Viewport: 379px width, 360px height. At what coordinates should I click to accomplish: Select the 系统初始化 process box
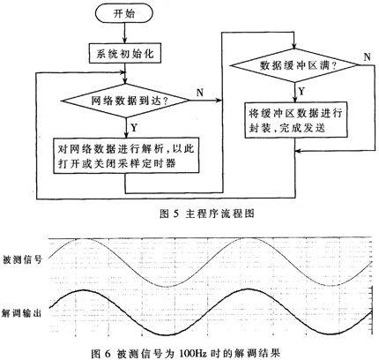click(125, 54)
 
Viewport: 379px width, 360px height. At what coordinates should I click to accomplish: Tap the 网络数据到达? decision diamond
click(125, 101)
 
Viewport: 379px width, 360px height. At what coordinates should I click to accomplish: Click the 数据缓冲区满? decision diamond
click(294, 65)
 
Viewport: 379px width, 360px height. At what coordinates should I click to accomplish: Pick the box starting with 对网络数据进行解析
click(126, 155)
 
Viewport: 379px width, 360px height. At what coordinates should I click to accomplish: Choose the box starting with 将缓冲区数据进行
click(296, 120)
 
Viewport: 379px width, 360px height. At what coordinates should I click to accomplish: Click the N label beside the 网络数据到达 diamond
click(200, 93)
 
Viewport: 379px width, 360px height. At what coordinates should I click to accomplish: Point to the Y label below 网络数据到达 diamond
click(134, 127)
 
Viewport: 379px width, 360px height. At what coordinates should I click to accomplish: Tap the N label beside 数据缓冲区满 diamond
click(367, 56)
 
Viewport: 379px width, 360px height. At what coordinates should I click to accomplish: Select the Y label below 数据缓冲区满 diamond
click(301, 92)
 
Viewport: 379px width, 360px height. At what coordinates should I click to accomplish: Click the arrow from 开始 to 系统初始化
click(125, 34)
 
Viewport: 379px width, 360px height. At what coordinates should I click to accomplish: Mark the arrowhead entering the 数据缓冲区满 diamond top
click(294, 46)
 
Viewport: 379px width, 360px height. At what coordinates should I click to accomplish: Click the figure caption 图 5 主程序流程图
click(207, 214)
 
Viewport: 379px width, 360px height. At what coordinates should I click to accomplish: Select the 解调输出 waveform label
click(21, 313)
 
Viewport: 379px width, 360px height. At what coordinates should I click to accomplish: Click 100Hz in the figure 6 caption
click(193, 353)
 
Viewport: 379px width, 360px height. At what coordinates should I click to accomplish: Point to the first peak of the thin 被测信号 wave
click(82, 239)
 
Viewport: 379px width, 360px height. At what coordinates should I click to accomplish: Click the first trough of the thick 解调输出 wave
click(166, 334)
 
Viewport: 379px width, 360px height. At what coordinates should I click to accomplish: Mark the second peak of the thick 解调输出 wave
click(248, 289)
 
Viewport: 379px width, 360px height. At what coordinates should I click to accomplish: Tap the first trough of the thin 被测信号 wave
click(166, 287)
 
